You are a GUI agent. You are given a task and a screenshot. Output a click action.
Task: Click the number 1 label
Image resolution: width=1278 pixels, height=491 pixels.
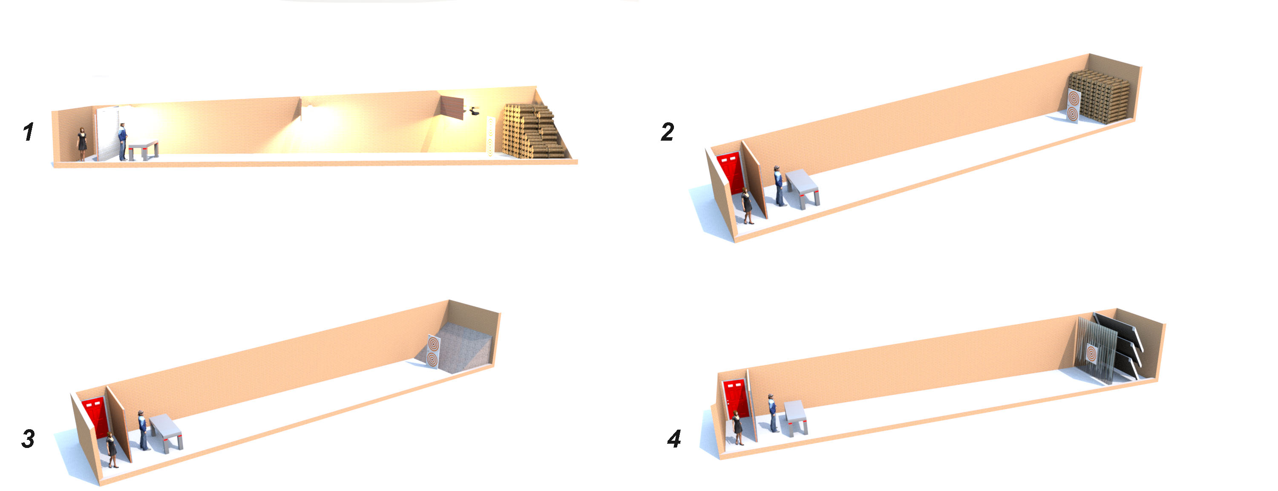click(28, 132)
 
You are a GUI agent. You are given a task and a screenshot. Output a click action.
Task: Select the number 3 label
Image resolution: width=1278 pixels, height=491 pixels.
click(28, 439)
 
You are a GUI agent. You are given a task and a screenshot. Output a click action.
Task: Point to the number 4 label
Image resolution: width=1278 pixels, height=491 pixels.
click(674, 439)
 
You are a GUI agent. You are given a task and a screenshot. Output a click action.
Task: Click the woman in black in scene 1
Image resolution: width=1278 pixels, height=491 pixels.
click(82, 144)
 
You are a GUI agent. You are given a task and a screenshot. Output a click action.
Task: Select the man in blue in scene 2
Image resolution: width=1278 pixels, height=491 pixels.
click(780, 186)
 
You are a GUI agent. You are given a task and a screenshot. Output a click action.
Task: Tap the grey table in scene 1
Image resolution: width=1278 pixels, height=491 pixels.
click(144, 150)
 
